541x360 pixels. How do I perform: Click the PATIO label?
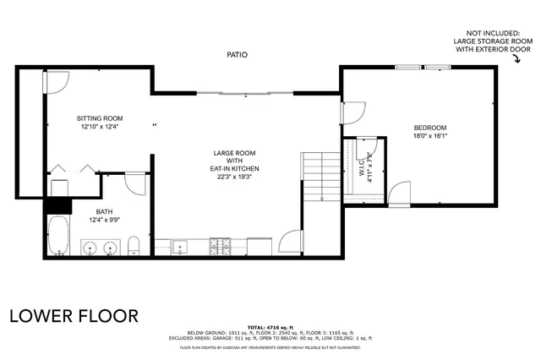point(237,54)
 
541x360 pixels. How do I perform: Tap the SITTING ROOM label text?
point(100,118)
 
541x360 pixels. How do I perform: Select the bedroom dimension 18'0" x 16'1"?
point(429,135)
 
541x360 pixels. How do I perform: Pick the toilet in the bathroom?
point(134,246)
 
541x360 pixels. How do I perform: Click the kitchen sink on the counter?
point(180,248)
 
